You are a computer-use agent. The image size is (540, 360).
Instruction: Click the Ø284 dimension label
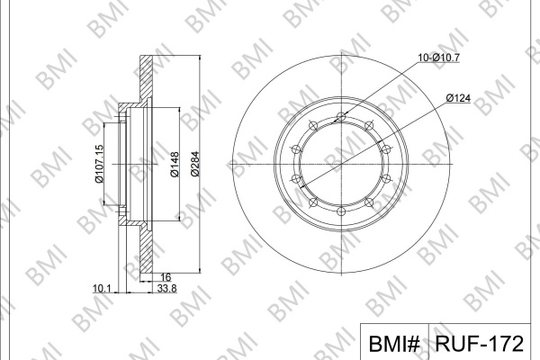pos(195,164)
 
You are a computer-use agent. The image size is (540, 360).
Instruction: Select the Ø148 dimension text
pos(175,165)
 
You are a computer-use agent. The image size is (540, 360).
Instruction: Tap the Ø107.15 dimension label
pos(99,164)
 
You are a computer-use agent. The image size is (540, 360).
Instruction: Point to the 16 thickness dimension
pos(166,277)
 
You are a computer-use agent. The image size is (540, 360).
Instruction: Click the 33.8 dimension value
pos(166,288)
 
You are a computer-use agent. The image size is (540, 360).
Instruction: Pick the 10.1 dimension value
pos(102,288)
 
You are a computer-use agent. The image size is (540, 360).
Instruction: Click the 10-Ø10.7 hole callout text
pos(438,58)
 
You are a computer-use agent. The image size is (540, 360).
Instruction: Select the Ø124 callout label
pos(458,98)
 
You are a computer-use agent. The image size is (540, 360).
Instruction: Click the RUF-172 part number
pos(480,344)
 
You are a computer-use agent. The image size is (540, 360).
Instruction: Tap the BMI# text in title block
pos(394,344)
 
